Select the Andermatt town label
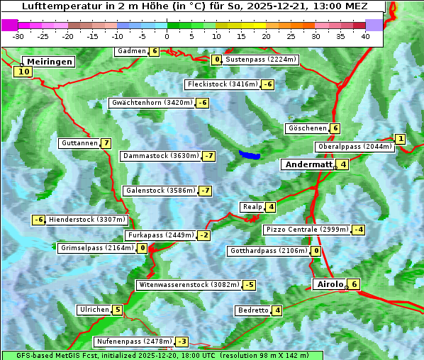(x=308, y=164)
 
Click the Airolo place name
(x=330, y=284)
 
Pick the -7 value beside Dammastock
(x=208, y=156)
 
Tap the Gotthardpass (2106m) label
(x=268, y=251)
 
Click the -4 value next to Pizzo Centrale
(x=359, y=230)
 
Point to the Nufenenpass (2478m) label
(x=133, y=341)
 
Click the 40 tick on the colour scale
(x=365, y=35)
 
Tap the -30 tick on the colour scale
(x=18, y=35)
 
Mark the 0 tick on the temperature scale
(x=167, y=35)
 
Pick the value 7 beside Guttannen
(x=106, y=143)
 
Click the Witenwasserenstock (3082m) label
(x=188, y=285)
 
